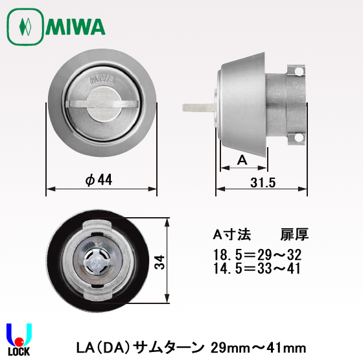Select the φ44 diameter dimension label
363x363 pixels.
point(99,181)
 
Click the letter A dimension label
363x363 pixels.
point(241,159)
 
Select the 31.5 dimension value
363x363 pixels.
point(263,183)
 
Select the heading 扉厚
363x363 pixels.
point(289,233)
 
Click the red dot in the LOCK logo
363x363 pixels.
point(19,341)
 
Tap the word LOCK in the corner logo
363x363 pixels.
point(18,355)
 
